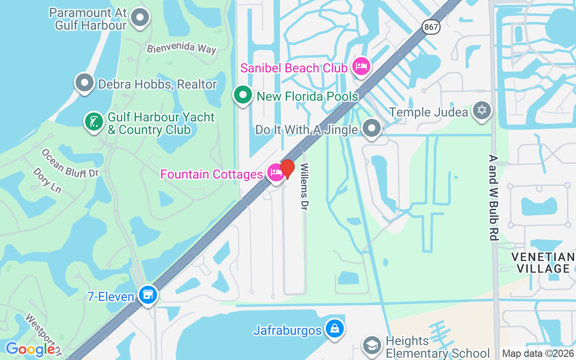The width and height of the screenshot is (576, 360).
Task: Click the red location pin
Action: (288, 169)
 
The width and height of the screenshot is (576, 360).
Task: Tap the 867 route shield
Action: (431, 27)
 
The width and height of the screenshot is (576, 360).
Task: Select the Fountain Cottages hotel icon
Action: (275, 172)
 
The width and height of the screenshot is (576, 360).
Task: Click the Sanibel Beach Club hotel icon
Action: (361, 67)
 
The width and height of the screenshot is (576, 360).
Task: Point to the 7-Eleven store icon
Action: (148, 295)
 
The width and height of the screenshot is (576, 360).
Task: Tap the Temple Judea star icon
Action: (481, 110)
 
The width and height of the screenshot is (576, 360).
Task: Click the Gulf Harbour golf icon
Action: (94, 122)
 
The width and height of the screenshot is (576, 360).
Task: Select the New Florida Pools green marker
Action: (243, 95)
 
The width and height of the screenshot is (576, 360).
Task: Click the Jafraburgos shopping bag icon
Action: (335, 328)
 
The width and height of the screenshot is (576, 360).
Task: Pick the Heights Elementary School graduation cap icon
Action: (372, 346)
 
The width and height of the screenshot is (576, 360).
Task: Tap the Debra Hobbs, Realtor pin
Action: (84, 83)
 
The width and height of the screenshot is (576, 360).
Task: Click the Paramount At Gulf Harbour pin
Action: (139, 18)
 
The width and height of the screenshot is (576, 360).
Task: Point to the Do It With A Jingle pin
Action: (372, 128)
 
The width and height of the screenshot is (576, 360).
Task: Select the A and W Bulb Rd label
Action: (494, 198)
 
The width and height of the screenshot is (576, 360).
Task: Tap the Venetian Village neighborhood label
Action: (543, 263)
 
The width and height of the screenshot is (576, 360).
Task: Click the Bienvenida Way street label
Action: (181, 48)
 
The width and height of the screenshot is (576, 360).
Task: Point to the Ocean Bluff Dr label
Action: (69, 163)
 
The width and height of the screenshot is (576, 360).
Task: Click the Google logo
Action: (30, 349)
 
